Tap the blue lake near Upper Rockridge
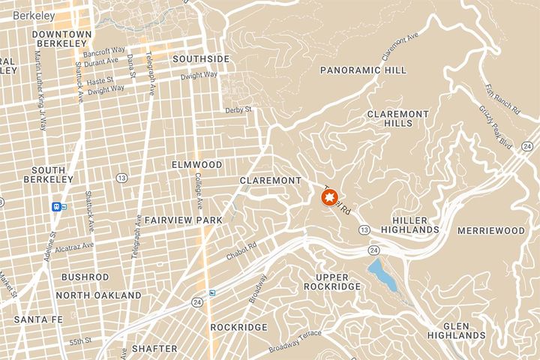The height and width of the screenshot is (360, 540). click(382, 276)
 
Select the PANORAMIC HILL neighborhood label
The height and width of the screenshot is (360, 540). click(363, 70)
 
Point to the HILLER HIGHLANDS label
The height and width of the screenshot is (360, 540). click(409, 223)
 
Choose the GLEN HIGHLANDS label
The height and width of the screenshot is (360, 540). click(454, 330)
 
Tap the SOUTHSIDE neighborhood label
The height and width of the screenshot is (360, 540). click(200, 58)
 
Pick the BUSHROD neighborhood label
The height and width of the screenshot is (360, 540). click(85, 277)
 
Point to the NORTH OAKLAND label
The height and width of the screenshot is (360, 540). click(98, 295)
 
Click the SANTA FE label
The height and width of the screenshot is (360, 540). click(37, 319)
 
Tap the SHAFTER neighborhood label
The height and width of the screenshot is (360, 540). click(154, 349)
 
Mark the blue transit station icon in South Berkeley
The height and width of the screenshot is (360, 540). click(58, 207)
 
